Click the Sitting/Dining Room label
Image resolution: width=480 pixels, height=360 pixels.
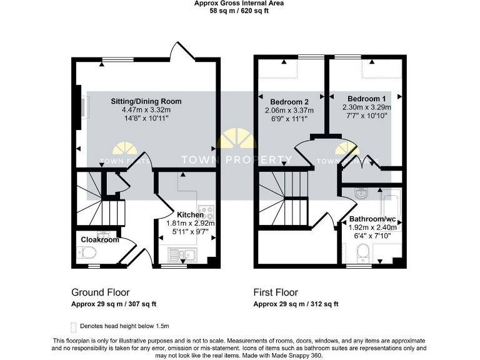[x=146, y=101]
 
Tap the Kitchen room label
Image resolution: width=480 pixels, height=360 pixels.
[x=190, y=214]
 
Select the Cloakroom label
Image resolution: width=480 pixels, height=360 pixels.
[x=99, y=239]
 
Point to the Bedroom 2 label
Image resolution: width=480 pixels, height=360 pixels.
[x=289, y=102]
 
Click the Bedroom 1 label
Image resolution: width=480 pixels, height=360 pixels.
[x=366, y=99]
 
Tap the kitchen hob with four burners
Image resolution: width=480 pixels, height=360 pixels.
[x=206, y=212]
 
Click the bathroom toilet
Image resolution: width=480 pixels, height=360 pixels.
[x=362, y=253]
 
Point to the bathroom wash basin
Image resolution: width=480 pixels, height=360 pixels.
[x=361, y=193]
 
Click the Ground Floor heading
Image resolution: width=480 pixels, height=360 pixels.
[x=100, y=292]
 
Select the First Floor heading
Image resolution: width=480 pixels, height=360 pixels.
[x=276, y=292]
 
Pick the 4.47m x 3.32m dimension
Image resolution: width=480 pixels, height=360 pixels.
[x=146, y=110]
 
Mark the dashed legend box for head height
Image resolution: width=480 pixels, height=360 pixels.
[x=73, y=326]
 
